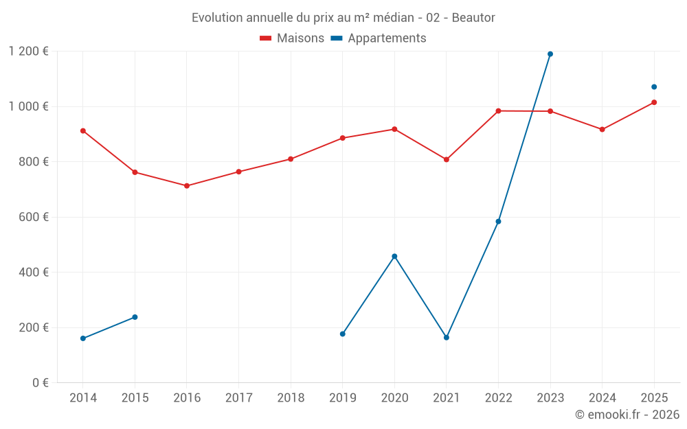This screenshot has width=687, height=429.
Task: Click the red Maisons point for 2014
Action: pos(83,130)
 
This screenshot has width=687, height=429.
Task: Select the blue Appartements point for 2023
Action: pos(550,54)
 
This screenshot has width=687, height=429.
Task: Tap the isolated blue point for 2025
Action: pos(654,86)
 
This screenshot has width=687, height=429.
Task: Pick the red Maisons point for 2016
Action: pos(187,185)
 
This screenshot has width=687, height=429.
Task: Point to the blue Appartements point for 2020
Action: pos(394,256)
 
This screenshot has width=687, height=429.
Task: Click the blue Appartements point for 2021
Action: pos(447,337)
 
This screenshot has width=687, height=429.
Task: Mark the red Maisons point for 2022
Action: pos(498,111)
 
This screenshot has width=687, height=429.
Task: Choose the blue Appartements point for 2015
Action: pos(135,317)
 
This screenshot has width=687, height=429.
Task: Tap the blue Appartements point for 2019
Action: pos(343,334)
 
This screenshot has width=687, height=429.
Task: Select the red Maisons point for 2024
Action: pos(602,129)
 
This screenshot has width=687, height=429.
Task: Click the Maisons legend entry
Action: pos(292,38)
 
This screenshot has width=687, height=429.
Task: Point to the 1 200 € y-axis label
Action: pos(28,51)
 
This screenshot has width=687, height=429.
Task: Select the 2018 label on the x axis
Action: pos(291,397)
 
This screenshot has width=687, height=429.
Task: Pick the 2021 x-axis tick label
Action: pos(447,397)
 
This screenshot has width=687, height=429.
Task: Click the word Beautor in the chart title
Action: pos(473,17)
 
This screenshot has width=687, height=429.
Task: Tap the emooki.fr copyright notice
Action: pos(627,415)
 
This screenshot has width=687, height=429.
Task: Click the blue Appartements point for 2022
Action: pos(498,221)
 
